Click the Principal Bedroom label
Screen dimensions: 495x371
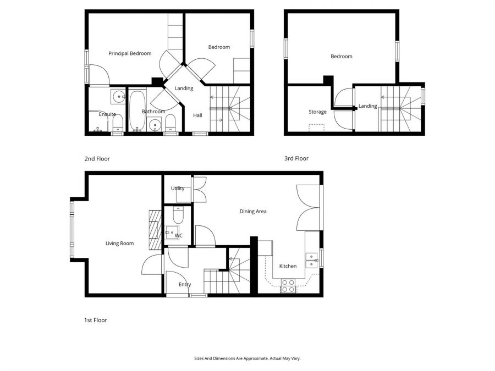(130, 53)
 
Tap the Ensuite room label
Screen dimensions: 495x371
(107, 114)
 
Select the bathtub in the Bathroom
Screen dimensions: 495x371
(137, 110)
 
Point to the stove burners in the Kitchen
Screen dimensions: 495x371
(288, 286)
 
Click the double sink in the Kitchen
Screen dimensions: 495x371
(311, 261)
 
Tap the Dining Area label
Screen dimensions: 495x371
(253, 212)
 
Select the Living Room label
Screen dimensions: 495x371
(120, 243)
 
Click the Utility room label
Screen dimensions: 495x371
(178, 189)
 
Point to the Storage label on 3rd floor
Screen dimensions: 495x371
(317, 112)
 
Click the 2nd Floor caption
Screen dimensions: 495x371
(97, 159)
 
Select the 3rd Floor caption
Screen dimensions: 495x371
(296, 158)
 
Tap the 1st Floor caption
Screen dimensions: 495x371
(96, 320)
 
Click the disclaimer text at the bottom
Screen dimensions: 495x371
(248, 358)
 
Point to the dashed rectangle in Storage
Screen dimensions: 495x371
(317, 128)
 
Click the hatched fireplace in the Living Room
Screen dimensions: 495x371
(155, 230)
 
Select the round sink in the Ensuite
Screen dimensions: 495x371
(119, 96)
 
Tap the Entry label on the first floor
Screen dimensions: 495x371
(185, 285)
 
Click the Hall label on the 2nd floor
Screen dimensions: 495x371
(197, 115)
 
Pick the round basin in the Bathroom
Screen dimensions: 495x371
(155, 125)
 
